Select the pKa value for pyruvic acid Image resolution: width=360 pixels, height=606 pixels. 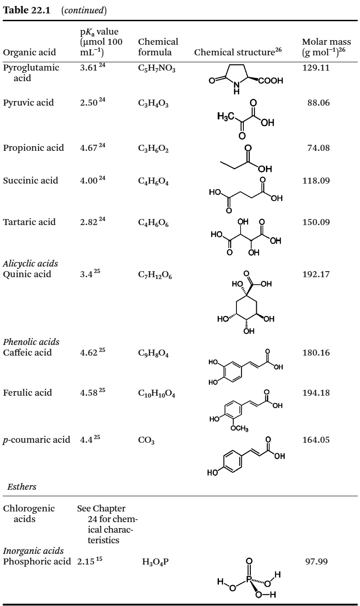(x=90, y=102)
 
